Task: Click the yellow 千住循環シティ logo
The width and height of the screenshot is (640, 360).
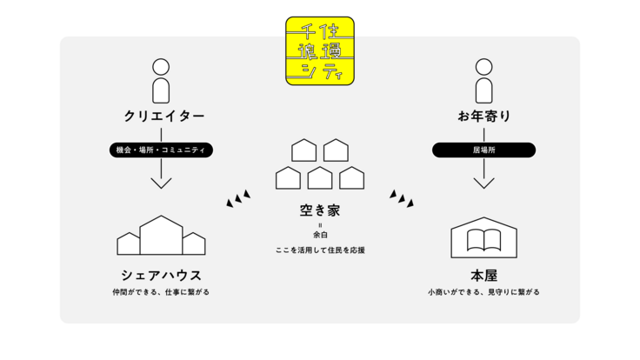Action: click(320, 50)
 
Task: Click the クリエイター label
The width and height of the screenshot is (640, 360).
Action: click(161, 117)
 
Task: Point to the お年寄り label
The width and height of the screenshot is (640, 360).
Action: click(484, 117)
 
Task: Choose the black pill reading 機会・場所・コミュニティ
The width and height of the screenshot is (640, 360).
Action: click(161, 150)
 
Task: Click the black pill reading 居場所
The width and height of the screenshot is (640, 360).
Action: click(484, 150)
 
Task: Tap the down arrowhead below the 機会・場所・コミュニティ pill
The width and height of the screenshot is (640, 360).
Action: click(161, 183)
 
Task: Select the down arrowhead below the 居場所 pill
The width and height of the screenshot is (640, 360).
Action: click(484, 183)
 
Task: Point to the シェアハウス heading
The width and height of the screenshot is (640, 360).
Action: click(161, 275)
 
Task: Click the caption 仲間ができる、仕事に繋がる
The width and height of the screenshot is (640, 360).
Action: click(161, 292)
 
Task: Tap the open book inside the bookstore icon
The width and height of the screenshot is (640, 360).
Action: click(484, 240)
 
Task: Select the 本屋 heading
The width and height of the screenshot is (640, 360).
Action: click(484, 275)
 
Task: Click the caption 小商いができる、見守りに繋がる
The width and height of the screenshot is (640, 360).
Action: click(484, 292)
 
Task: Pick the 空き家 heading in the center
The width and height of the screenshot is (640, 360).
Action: click(320, 210)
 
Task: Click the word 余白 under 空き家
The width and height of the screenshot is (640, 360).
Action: click(320, 235)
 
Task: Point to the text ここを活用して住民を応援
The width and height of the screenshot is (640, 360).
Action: click(320, 250)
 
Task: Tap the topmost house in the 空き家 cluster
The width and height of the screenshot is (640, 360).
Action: click(304, 150)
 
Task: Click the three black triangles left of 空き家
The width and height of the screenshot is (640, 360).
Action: click(238, 198)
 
